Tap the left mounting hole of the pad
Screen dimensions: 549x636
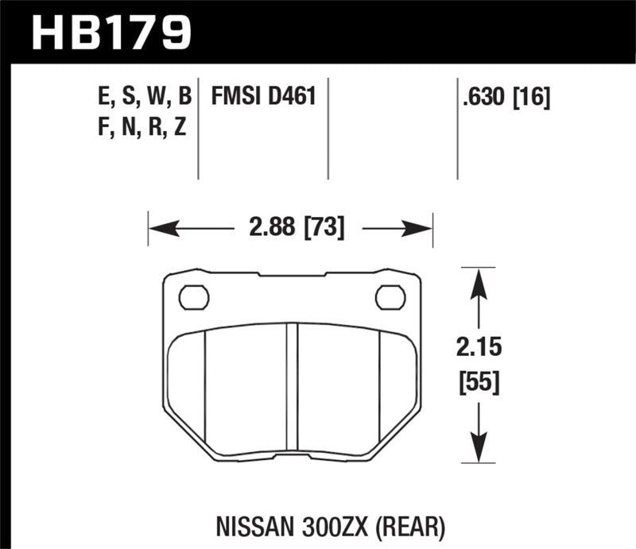[x=194, y=297]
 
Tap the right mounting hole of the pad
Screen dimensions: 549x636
[x=390, y=297]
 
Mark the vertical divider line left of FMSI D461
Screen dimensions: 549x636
[x=198, y=127]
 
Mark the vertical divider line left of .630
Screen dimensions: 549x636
[x=457, y=127]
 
